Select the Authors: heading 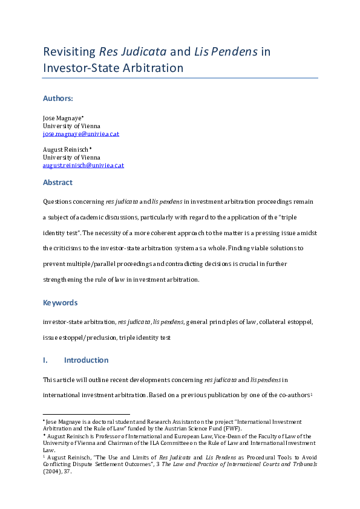pos(58,98)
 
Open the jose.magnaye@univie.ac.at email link pos(81,134)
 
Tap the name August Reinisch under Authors pos(65,149)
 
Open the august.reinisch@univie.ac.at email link pos(83,165)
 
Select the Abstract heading pos(57,183)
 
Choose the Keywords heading pos(60,303)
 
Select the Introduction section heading pos(86,360)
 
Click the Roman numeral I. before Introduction pos(45,360)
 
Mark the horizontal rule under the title pos(180,78)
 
